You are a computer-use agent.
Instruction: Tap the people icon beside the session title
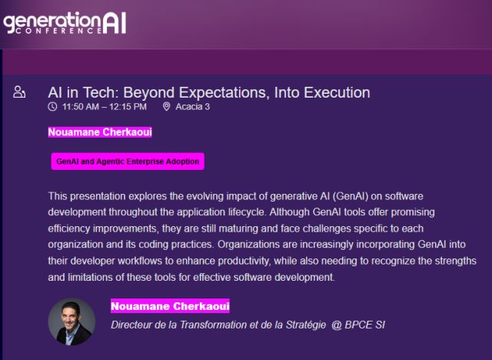click(x=20, y=93)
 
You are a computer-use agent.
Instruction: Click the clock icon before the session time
click(x=52, y=107)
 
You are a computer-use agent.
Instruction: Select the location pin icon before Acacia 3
click(x=167, y=107)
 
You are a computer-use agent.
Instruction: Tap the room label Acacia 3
click(x=193, y=107)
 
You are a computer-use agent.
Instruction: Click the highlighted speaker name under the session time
click(x=100, y=132)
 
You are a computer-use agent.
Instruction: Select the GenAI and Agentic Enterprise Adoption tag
click(x=128, y=162)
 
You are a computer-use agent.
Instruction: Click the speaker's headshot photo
click(x=71, y=322)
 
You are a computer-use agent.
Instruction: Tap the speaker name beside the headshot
click(x=170, y=307)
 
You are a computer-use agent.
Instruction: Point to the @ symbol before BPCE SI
click(x=336, y=325)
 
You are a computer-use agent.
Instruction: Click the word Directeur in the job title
click(x=134, y=325)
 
